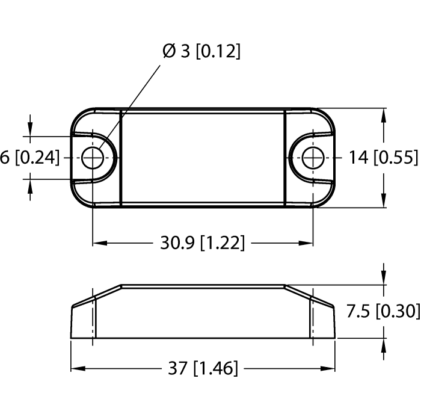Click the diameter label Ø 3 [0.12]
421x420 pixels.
(201, 52)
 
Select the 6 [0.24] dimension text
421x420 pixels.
(30, 158)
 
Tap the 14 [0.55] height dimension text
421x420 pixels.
(383, 158)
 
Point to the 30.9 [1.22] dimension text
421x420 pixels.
(202, 243)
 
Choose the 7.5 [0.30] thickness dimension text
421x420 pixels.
(383, 311)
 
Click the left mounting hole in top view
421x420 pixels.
(93, 158)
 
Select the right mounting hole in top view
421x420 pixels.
(312, 158)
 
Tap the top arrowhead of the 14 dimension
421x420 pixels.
(384, 114)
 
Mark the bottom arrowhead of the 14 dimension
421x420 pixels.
(384, 202)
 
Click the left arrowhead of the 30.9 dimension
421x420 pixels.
(99, 244)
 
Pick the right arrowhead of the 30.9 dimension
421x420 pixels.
(306, 244)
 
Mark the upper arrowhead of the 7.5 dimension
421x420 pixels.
(384, 279)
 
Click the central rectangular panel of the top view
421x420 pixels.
(202, 158)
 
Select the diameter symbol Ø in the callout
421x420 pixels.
(169, 52)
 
